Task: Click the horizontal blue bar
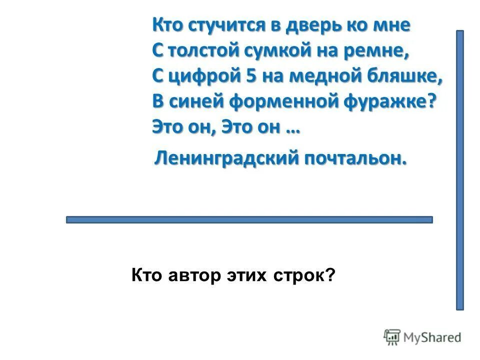[x=249, y=219]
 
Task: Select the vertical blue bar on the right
[x=459, y=170]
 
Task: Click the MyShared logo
[x=422, y=337]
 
